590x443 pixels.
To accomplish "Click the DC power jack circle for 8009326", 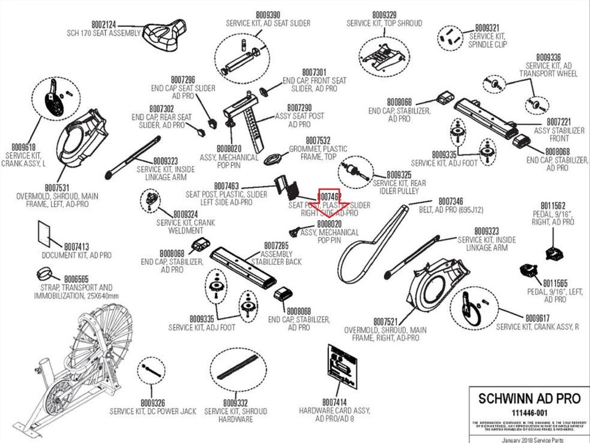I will coord(151,369).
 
